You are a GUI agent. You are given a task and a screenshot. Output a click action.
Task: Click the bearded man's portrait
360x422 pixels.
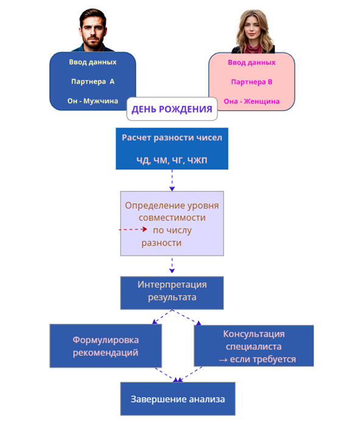coord(93,30)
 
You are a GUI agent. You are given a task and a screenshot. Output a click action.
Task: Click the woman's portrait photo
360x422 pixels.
coord(253,32)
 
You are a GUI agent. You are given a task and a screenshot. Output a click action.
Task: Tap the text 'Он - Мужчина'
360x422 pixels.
coord(93,101)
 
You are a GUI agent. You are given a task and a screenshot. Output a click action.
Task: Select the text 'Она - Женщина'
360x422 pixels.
coord(252,101)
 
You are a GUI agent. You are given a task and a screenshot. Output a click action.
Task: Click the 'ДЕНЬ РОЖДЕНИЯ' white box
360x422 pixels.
coord(172,109)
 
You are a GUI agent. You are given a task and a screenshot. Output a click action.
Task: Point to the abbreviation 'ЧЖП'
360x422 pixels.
coord(197,160)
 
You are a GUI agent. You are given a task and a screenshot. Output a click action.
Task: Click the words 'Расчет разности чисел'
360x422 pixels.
coord(172,138)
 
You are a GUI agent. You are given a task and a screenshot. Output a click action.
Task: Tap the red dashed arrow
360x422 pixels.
coord(133,229)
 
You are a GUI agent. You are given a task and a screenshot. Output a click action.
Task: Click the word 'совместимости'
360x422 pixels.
coord(172,218)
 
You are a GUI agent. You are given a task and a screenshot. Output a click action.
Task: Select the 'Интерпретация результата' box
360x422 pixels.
coord(172,293)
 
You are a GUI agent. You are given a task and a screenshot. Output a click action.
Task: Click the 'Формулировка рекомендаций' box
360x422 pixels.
coord(105,346)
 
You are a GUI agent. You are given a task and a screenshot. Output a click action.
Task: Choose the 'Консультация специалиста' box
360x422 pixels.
coord(254,346)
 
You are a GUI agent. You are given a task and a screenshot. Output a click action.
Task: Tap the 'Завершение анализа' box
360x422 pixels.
coord(178,399)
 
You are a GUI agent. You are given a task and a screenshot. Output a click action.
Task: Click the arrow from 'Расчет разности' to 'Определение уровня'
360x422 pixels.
coord(172,181)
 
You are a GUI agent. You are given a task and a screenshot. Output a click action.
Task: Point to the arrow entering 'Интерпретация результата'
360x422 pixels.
coord(172,265)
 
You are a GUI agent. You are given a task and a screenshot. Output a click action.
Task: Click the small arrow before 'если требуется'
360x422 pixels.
coord(223,360)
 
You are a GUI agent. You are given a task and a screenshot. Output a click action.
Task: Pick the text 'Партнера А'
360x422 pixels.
coord(93,82)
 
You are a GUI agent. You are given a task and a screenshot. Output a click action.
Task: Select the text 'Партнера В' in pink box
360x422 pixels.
coord(252,82)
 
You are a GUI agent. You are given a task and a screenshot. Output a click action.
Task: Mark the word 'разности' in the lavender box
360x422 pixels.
coord(161,243)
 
